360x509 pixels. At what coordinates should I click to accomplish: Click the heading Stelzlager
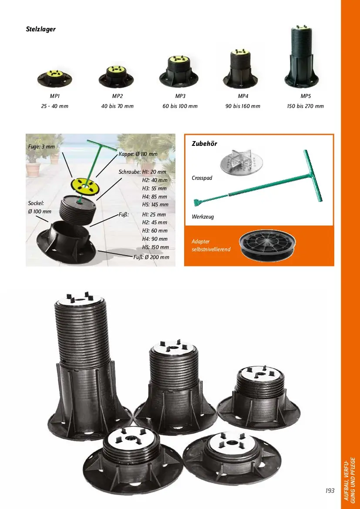click(40, 29)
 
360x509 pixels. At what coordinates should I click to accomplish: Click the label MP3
click(180, 96)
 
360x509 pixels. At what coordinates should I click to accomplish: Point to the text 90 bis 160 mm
click(243, 106)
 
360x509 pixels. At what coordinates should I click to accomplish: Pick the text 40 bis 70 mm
click(117, 106)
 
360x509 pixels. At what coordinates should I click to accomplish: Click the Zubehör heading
click(205, 144)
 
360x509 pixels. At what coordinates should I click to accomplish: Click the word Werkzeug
click(203, 216)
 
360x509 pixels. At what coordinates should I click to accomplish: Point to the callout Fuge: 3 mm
click(41, 146)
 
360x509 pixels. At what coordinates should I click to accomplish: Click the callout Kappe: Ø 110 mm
click(138, 154)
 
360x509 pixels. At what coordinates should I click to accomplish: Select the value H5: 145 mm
click(155, 205)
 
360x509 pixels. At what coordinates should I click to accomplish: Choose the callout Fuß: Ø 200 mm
click(151, 257)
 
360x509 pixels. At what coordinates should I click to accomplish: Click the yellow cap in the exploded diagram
click(85, 186)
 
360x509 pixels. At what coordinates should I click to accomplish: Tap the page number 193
click(330, 490)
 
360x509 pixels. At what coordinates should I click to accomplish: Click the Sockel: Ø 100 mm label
click(40, 207)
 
